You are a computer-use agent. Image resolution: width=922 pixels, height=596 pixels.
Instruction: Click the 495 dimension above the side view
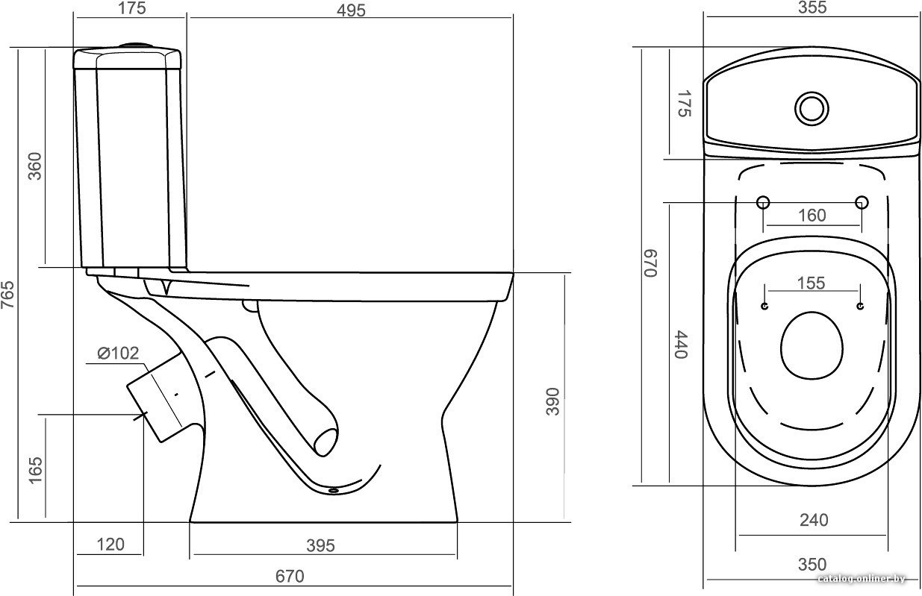tap(351, 10)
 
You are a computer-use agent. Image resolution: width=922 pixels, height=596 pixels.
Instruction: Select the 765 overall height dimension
tap(8, 295)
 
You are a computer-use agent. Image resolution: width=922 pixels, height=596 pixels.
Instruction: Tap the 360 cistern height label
tap(35, 166)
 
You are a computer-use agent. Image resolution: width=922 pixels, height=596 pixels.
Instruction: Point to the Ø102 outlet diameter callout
tap(118, 354)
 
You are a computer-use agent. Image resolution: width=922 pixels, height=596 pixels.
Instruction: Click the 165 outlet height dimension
tap(36, 470)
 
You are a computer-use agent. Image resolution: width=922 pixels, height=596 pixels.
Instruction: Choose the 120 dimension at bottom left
tap(110, 545)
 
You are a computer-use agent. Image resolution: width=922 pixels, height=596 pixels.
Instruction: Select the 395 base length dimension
tap(320, 546)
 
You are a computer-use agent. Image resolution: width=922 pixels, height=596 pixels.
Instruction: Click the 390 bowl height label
tap(553, 401)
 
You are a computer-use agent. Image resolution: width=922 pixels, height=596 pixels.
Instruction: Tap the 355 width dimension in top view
tap(812, 7)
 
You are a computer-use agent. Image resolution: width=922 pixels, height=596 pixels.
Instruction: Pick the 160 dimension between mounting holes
tap(812, 216)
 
